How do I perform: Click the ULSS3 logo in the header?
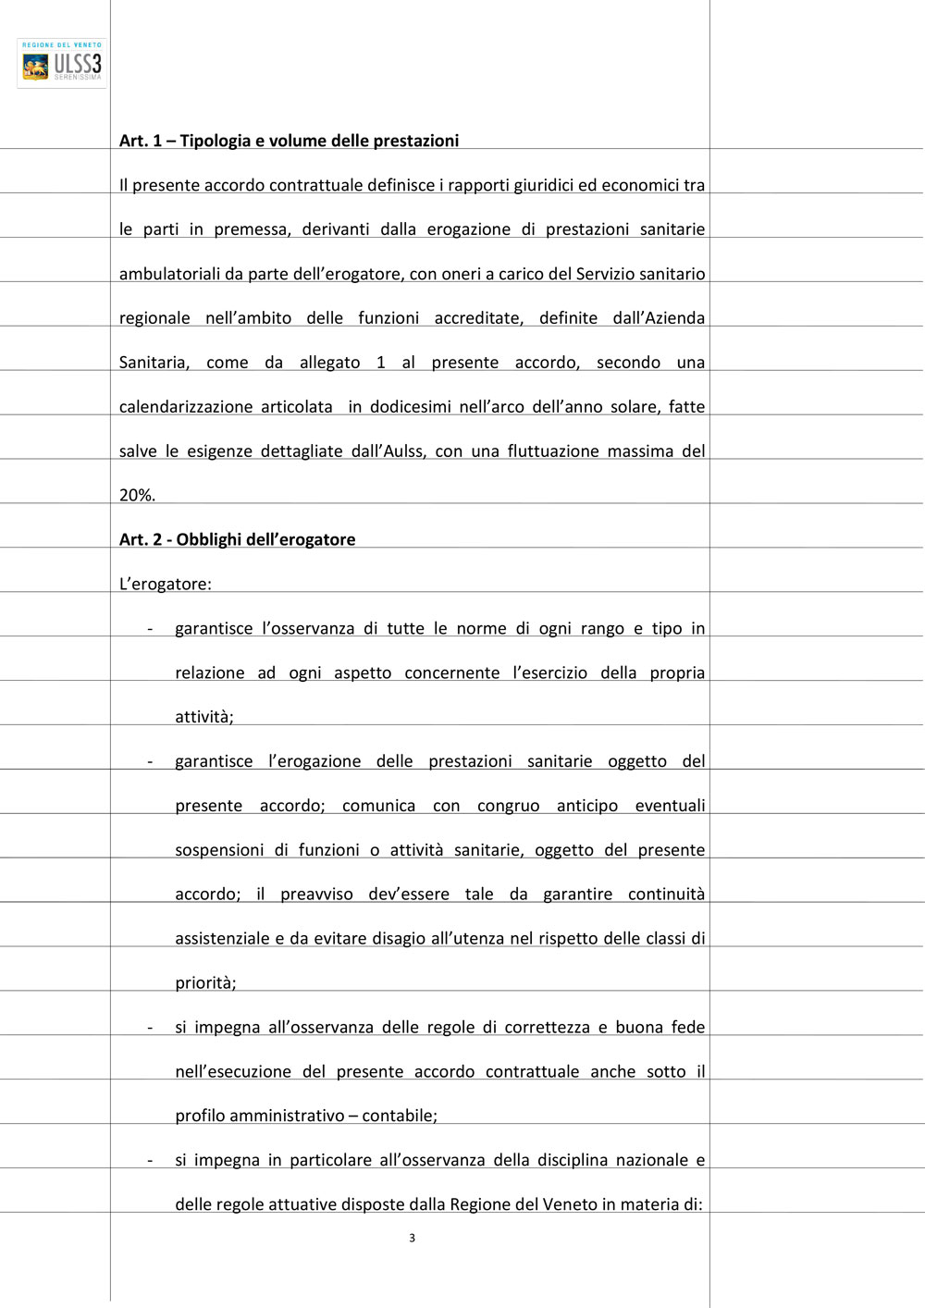pyautogui.click(x=62, y=63)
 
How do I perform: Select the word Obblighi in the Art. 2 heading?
pyautogui.click(x=210, y=539)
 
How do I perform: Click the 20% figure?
pyautogui.click(x=136, y=495)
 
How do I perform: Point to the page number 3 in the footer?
pyautogui.click(x=412, y=1238)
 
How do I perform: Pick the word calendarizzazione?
pyautogui.click(x=186, y=406)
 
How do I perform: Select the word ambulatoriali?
pyautogui.click(x=169, y=274)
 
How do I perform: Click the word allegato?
pyautogui.click(x=329, y=363)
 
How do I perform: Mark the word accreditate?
pyautogui.click(x=478, y=318)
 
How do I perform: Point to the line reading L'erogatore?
pyautogui.click(x=166, y=584)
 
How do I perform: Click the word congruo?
pyautogui.click(x=508, y=806)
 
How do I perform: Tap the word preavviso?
pyautogui.click(x=316, y=895)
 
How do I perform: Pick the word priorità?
pyautogui.click(x=205, y=983)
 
